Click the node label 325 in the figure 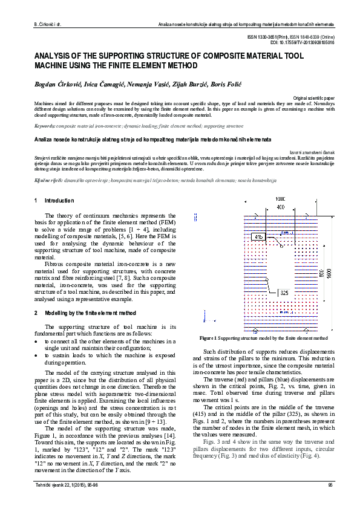(284, 292)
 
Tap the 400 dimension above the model (264, 207)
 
